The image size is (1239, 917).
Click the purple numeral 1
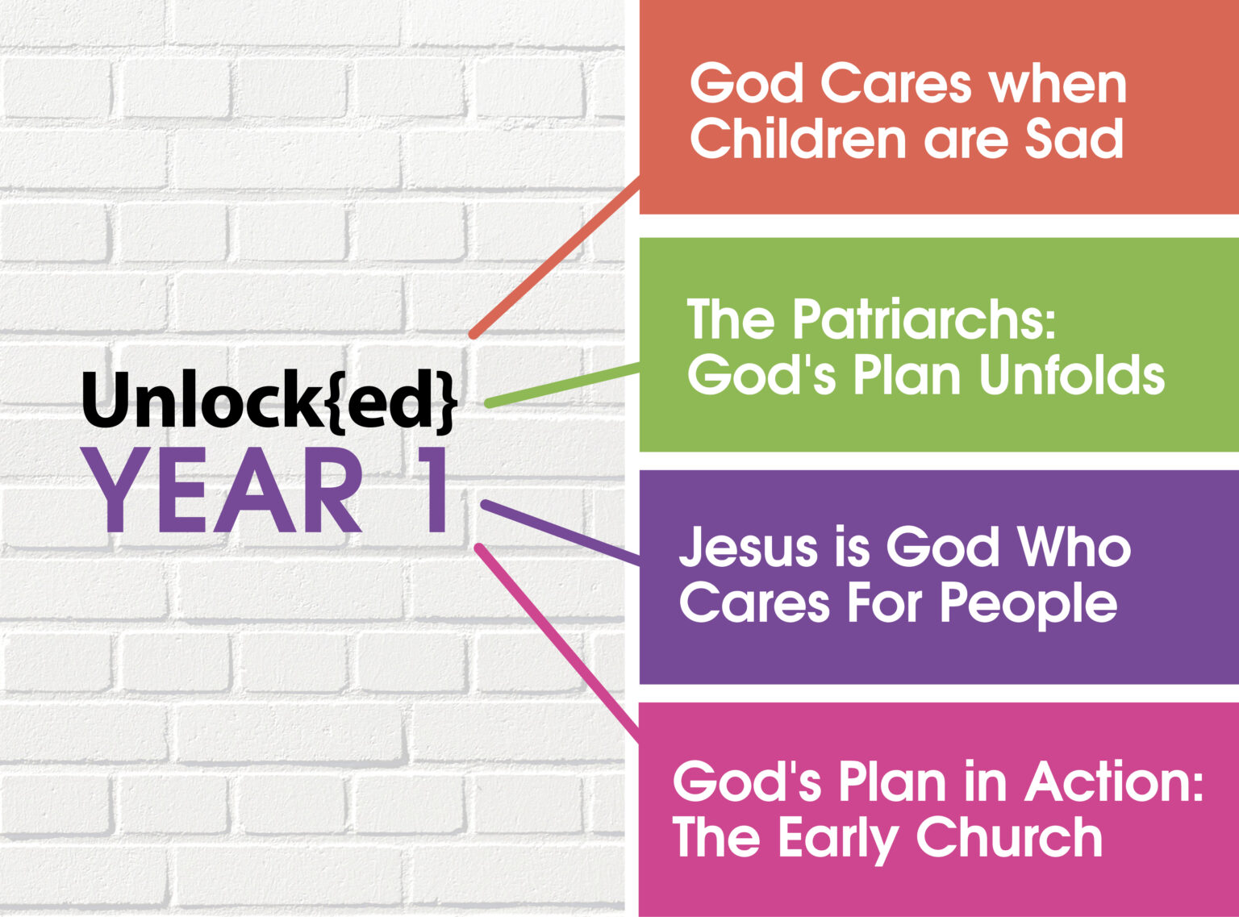[432, 491]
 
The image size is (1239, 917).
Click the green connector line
[562, 384]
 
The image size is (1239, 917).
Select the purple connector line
[560, 531]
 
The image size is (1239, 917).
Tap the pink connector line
[557, 642]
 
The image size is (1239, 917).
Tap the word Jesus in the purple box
[737, 548]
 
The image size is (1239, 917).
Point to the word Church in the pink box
[1009, 837]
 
